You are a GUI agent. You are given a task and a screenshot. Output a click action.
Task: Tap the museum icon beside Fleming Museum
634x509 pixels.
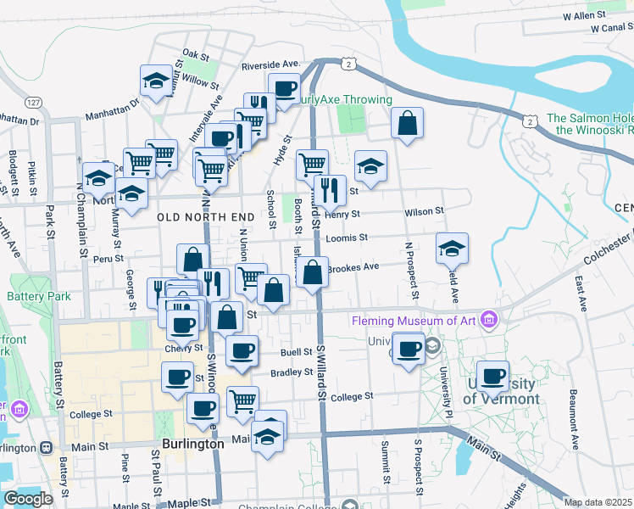pos(488,320)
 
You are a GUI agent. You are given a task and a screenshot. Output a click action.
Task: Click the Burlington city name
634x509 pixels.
pos(192,444)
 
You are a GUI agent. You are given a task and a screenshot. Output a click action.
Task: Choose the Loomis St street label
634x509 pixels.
pos(351,239)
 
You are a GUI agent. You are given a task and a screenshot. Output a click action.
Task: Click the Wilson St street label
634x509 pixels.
pos(425,213)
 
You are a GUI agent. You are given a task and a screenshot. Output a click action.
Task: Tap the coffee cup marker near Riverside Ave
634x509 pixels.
pos(285,87)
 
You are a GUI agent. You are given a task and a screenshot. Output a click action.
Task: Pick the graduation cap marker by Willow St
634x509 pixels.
pos(156,81)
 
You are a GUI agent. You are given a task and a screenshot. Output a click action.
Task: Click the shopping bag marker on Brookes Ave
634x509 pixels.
pos(313,272)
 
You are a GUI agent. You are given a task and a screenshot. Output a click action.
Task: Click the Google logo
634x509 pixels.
pos(28,499)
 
